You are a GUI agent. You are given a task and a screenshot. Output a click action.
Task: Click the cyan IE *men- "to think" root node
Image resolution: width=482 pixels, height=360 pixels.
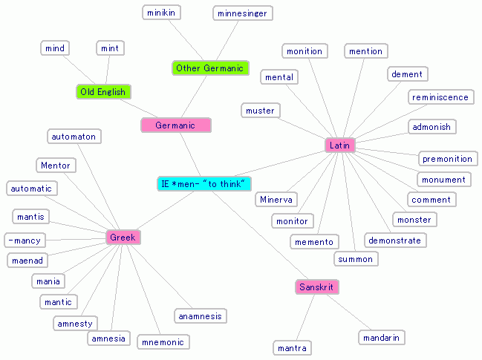pyautogui.click(x=204, y=183)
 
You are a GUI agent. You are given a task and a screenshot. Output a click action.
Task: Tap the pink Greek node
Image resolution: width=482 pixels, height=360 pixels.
pyautogui.click(x=123, y=238)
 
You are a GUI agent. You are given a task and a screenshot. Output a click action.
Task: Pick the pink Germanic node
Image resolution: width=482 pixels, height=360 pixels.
pyautogui.click(x=176, y=125)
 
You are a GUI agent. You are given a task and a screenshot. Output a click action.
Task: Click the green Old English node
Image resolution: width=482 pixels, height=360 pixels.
pyautogui.click(x=103, y=92)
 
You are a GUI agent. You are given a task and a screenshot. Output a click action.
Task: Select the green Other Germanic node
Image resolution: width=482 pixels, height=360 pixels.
pyautogui.click(x=209, y=68)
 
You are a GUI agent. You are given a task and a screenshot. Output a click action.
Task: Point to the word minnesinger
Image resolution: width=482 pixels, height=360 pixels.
pyautogui.click(x=242, y=13)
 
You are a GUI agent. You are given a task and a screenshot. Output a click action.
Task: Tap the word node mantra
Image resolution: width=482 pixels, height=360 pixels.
pyautogui.click(x=291, y=347)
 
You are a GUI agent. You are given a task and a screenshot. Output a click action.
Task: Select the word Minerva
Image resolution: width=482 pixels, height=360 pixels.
pyautogui.click(x=276, y=200)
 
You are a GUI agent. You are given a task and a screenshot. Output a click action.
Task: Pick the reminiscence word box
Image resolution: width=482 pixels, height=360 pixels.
pyautogui.click(x=440, y=97)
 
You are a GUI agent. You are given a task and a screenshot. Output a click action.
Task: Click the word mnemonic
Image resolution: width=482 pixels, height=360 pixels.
pyautogui.click(x=163, y=341)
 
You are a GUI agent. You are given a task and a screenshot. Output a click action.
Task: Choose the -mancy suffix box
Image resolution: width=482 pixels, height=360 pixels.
pyautogui.click(x=25, y=240)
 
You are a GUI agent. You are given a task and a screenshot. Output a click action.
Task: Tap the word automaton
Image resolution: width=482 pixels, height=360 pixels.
pyautogui.click(x=74, y=136)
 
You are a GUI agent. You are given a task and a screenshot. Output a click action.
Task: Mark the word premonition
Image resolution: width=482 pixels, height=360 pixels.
pyautogui.click(x=447, y=159)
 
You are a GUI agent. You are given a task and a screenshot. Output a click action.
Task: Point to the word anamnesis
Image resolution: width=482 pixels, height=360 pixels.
pyautogui.click(x=200, y=316)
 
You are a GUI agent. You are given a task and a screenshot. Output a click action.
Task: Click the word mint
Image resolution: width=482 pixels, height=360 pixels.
pyautogui.click(x=110, y=48)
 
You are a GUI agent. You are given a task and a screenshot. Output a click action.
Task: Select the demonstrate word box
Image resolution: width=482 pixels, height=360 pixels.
pyautogui.click(x=394, y=240)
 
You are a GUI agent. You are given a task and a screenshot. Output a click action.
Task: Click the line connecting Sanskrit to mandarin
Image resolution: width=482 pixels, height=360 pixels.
pyautogui.click(x=350, y=313)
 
